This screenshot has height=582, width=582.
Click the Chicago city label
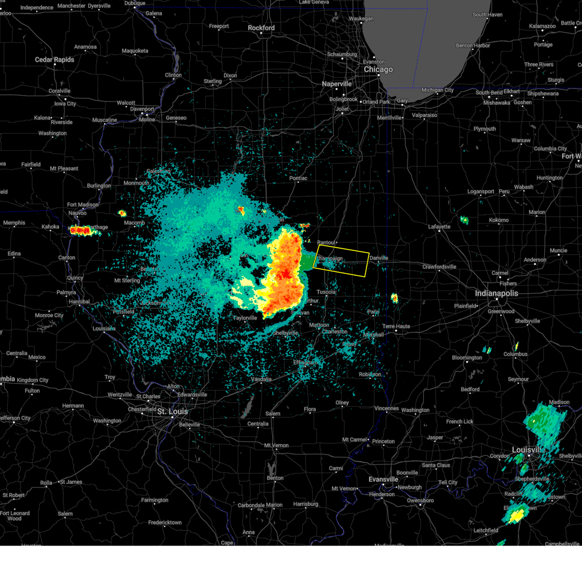[378, 69]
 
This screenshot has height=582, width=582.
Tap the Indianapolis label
[496, 293]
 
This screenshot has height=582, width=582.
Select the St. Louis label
[172, 411]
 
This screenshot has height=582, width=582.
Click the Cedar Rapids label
[54, 60]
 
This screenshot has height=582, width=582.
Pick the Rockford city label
[261, 28]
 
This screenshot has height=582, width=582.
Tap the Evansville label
[383, 479]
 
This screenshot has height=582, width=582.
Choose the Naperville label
[337, 84]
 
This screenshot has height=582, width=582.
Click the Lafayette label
[439, 226]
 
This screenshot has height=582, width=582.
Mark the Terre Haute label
[396, 326]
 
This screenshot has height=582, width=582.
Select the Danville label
[379, 258]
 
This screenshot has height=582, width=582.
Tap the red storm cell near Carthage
[80, 230]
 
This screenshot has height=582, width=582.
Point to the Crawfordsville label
[439, 267]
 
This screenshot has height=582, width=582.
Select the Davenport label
[142, 109]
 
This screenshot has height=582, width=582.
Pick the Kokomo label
[499, 220]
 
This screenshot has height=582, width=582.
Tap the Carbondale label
[251, 505]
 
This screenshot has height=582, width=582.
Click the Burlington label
[99, 186]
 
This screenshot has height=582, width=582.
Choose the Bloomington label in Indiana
[467, 358]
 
